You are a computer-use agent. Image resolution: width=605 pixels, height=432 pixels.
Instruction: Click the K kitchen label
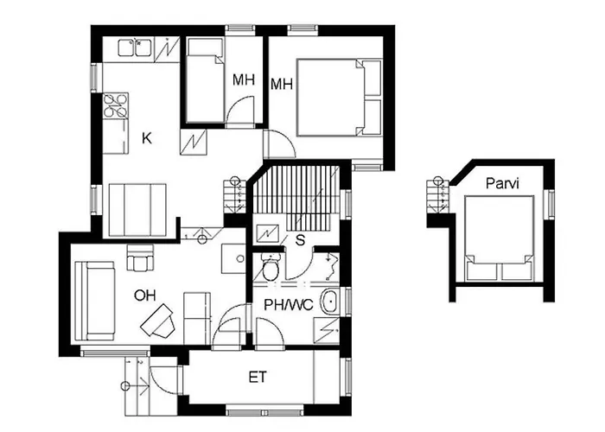pos(147,138)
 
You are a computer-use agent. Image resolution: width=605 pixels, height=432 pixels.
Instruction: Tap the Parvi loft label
pos(502,183)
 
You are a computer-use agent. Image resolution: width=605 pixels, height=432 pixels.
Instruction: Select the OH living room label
pos(144,295)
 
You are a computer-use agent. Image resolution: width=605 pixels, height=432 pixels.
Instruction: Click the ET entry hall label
pos(258,377)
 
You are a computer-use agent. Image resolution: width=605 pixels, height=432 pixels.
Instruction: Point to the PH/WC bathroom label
pos(288,305)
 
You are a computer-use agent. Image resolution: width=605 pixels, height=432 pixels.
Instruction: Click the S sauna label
pos(300,240)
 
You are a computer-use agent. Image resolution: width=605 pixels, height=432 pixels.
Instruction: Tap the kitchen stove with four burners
pos(115,105)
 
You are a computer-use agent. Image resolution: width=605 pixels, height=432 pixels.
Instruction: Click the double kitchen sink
pos(134,48)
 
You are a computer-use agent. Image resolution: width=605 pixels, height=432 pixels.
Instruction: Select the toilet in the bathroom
pos(271,266)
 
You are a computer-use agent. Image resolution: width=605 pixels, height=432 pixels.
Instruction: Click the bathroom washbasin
pos(330,302)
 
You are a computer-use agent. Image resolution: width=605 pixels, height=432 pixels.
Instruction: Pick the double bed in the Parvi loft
pos(500,238)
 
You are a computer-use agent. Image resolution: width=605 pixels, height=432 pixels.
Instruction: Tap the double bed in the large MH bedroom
pos(339,97)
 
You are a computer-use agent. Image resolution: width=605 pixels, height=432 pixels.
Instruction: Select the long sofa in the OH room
pos(94,301)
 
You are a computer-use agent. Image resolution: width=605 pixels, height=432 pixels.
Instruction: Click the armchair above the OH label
pos(140,257)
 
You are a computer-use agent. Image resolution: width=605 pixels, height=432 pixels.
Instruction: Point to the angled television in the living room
pos(157,321)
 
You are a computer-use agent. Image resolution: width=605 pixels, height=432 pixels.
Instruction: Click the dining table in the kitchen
pos(137,210)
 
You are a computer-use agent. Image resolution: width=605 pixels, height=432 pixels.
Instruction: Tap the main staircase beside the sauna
pos(296,198)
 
